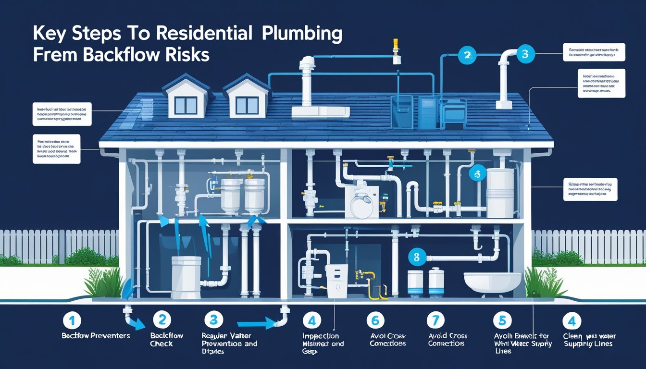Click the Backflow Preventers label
click(x=96, y=336)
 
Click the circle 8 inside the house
click(x=416, y=257)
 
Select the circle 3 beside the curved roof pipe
click(x=525, y=54)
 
